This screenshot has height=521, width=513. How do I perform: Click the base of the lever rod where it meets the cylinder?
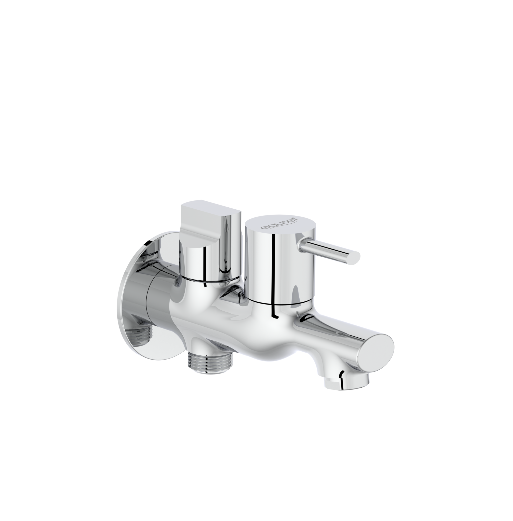[301, 245]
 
